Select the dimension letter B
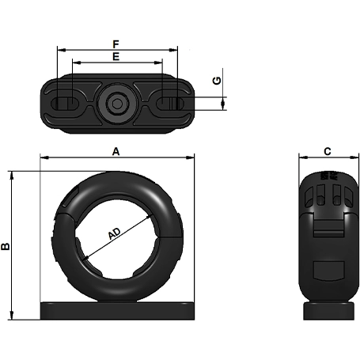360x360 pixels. (x=6, y=246)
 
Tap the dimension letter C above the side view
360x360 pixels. (x=327, y=150)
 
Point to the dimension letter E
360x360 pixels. (x=116, y=56)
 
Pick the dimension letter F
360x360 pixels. (x=116, y=44)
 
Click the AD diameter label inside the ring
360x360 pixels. (x=116, y=234)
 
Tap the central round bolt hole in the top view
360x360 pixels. (x=117, y=103)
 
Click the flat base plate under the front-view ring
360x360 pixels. (x=117, y=309)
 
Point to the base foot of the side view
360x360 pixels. (x=327, y=309)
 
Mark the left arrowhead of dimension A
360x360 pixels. (x=44, y=157)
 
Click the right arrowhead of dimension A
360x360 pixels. (x=191, y=157)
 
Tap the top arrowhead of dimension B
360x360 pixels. (x=12, y=174)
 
